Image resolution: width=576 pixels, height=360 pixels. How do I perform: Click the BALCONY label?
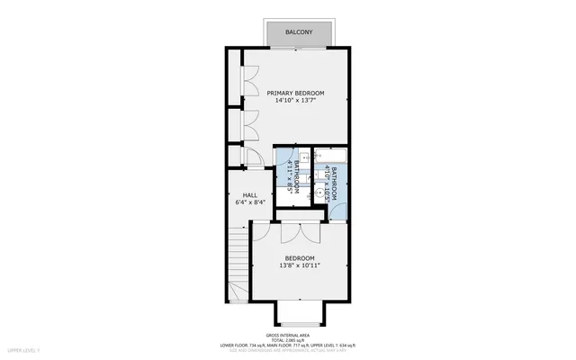coord(298,32)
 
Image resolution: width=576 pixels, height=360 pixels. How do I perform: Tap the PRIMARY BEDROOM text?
coord(294,94)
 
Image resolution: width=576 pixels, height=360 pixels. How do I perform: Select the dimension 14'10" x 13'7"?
coord(294,101)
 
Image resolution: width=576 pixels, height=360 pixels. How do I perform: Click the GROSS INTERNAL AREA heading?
coord(288,333)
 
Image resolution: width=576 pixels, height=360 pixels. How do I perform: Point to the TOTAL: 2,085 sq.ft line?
coord(288,338)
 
